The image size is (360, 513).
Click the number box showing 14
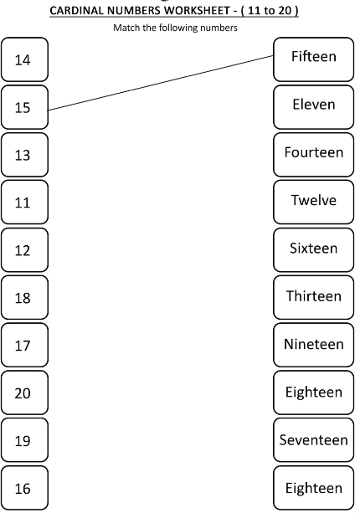click(x=24, y=59)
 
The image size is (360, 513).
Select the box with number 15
click(x=24, y=107)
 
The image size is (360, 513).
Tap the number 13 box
click(x=24, y=155)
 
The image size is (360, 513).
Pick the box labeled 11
click(x=24, y=203)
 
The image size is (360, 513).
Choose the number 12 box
click(x=24, y=250)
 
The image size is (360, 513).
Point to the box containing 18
click(x=24, y=297)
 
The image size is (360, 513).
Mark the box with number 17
click(x=24, y=345)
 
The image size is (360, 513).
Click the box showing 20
click(x=24, y=392)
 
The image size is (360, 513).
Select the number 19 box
click(x=24, y=440)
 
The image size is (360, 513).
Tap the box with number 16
click(x=24, y=488)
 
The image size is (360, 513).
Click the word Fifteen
click(x=313, y=56)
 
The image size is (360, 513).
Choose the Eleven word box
click(x=313, y=107)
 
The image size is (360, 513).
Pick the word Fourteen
click(x=313, y=152)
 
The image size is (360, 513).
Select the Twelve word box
click(x=313, y=203)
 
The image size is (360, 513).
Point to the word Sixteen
click(x=313, y=248)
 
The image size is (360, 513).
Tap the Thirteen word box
click(x=313, y=297)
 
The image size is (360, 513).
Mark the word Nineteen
click(x=313, y=344)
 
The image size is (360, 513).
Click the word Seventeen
click(x=313, y=439)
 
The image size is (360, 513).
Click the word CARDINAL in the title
click(x=77, y=11)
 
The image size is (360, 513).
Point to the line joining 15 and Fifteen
click(x=161, y=83)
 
